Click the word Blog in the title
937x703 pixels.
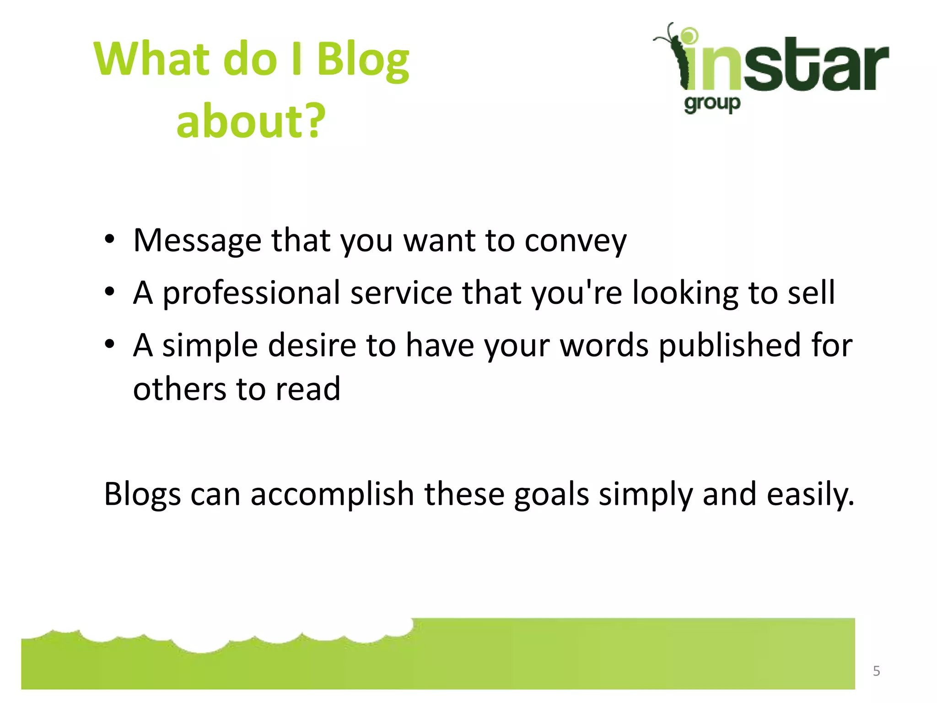(363, 60)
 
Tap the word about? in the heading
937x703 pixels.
(251, 121)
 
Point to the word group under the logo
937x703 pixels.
(712, 104)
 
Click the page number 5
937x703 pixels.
(876, 671)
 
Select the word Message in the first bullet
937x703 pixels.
(197, 241)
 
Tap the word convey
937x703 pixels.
(575, 241)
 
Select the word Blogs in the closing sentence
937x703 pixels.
(142, 495)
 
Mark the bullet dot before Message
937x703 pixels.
(109, 239)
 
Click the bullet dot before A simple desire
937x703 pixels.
(109, 344)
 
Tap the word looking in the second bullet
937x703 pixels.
(685, 293)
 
